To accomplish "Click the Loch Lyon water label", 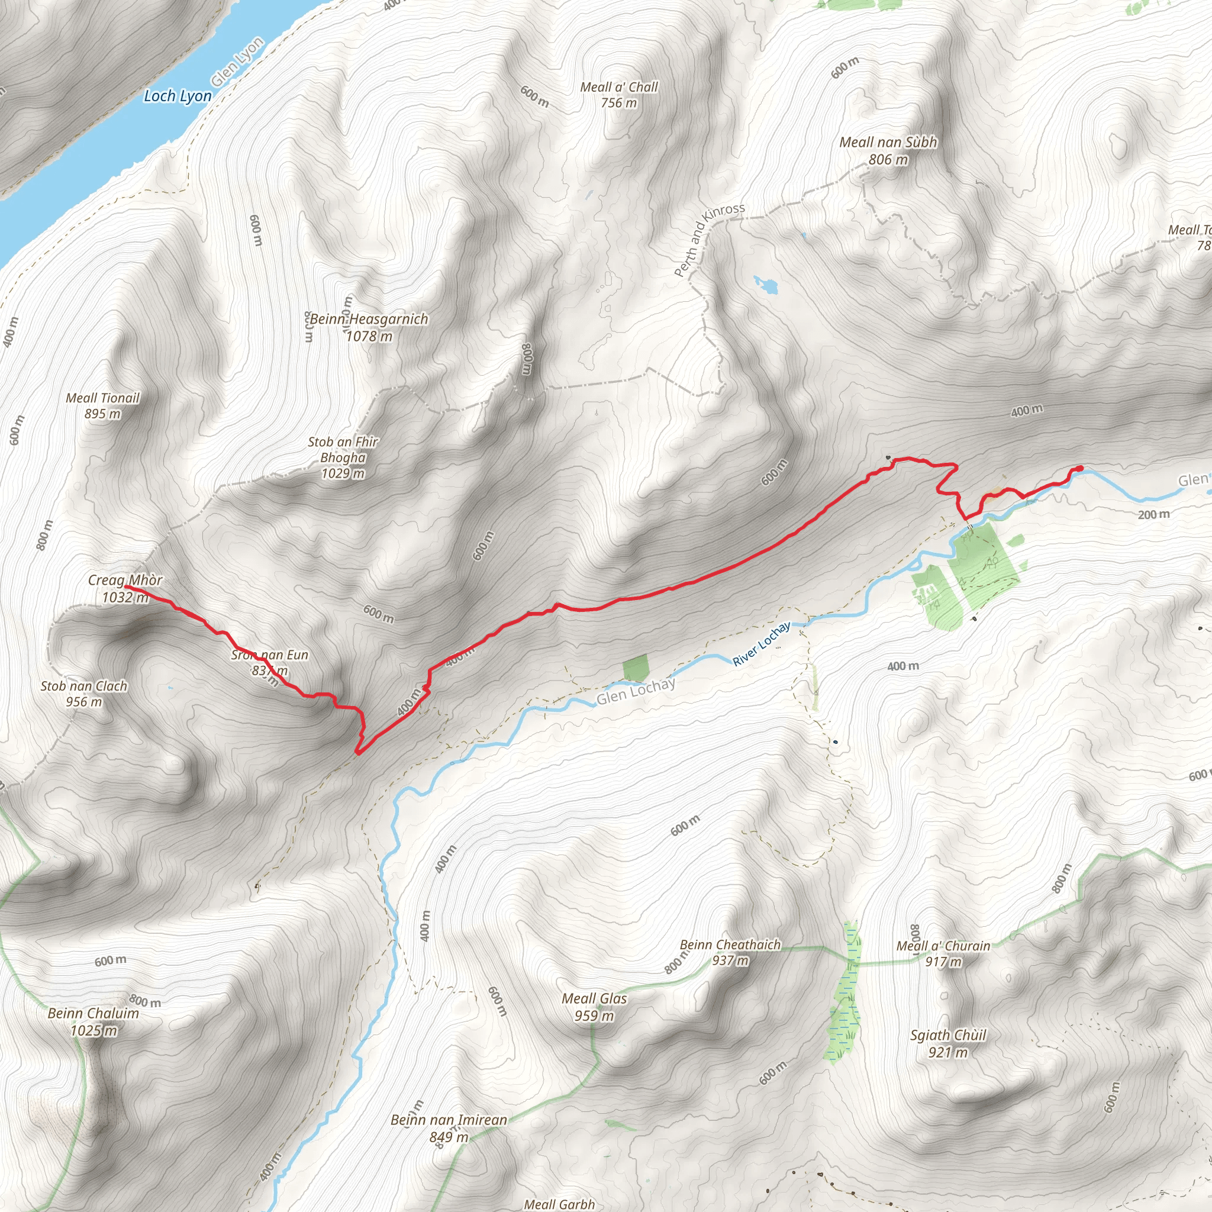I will (178, 96).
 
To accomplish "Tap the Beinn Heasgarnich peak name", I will (369, 320).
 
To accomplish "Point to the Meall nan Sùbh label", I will (888, 143).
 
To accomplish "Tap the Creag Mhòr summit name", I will (125, 581).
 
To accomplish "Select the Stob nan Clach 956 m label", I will (84, 694).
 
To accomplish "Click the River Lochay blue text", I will (762, 644).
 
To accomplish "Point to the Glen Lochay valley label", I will (636, 691).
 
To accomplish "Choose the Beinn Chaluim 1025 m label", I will (94, 1021).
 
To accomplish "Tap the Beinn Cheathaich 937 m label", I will (730, 952).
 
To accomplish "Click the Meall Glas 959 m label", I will (594, 1007).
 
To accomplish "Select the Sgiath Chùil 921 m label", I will (948, 1043).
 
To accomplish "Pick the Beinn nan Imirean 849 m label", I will (449, 1128).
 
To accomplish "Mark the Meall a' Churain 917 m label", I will (943, 953).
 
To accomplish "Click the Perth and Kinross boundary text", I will (709, 240).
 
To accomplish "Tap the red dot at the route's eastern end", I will (1079, 469).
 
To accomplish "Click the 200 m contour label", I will (1153, 514).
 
